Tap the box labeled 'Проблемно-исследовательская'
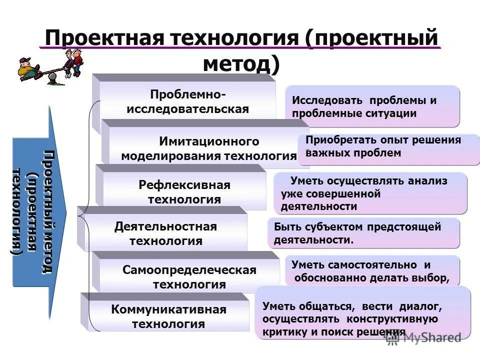coord(187,102)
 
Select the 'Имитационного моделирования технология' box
coord(209,148)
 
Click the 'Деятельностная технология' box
coord(165,233)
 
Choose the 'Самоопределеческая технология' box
coord(189,277)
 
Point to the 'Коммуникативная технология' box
coord(168,316)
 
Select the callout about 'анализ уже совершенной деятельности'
coord(370,193)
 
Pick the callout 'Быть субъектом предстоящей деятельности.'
coord(363,233)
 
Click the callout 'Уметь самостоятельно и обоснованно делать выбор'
coord(372,271)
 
